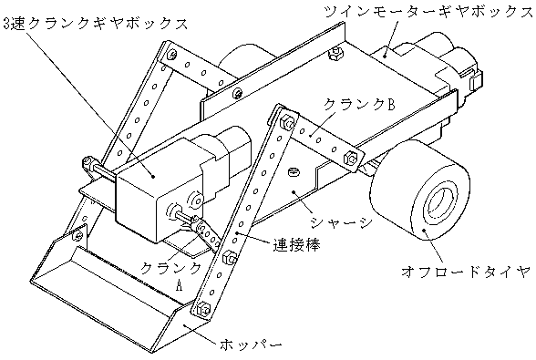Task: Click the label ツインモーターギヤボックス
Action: click(x=429, y=13)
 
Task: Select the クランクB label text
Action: click(x=359, y=104)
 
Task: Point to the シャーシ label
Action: click(x=341, y=222)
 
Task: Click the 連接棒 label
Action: click(x=296, y=245)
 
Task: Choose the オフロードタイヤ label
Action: click(x=467, y=273)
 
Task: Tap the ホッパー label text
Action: click(x=252, y=344)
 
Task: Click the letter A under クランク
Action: click(x=179, y=284)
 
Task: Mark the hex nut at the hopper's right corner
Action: click(x=202, y=309)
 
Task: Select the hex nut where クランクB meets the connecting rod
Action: click(x=286, y=122)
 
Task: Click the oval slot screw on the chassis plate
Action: click(x=293, y=172)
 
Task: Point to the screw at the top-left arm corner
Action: click(x=172, y=54)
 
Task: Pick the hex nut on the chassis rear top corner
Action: click(x=335, y=52)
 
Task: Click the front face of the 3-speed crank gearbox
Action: click(x=136, y=199)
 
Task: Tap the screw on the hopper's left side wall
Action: click(x=79, y=235)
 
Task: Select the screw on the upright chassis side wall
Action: click(x=237, y=93)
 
